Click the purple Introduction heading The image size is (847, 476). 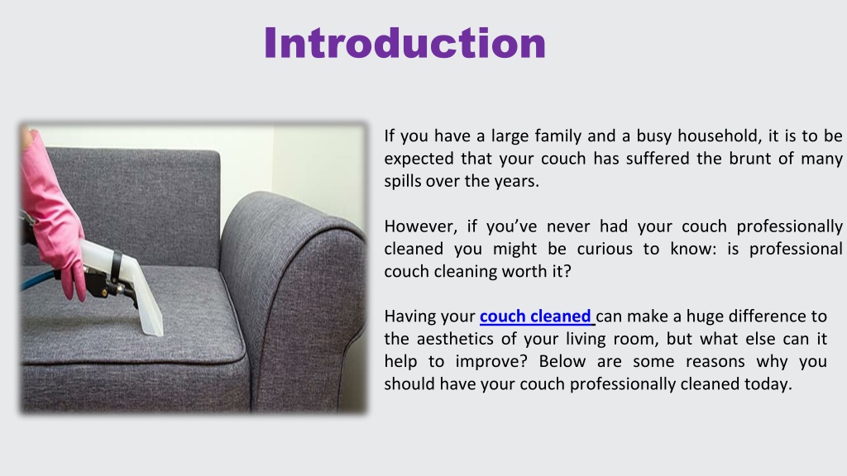(x=405, y=43)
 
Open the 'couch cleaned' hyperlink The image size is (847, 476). (x=537, y=317)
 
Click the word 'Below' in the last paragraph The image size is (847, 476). (x=562, y=361)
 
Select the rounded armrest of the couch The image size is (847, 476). (x=294, y=292)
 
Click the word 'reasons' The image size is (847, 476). (x=719, y=362)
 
